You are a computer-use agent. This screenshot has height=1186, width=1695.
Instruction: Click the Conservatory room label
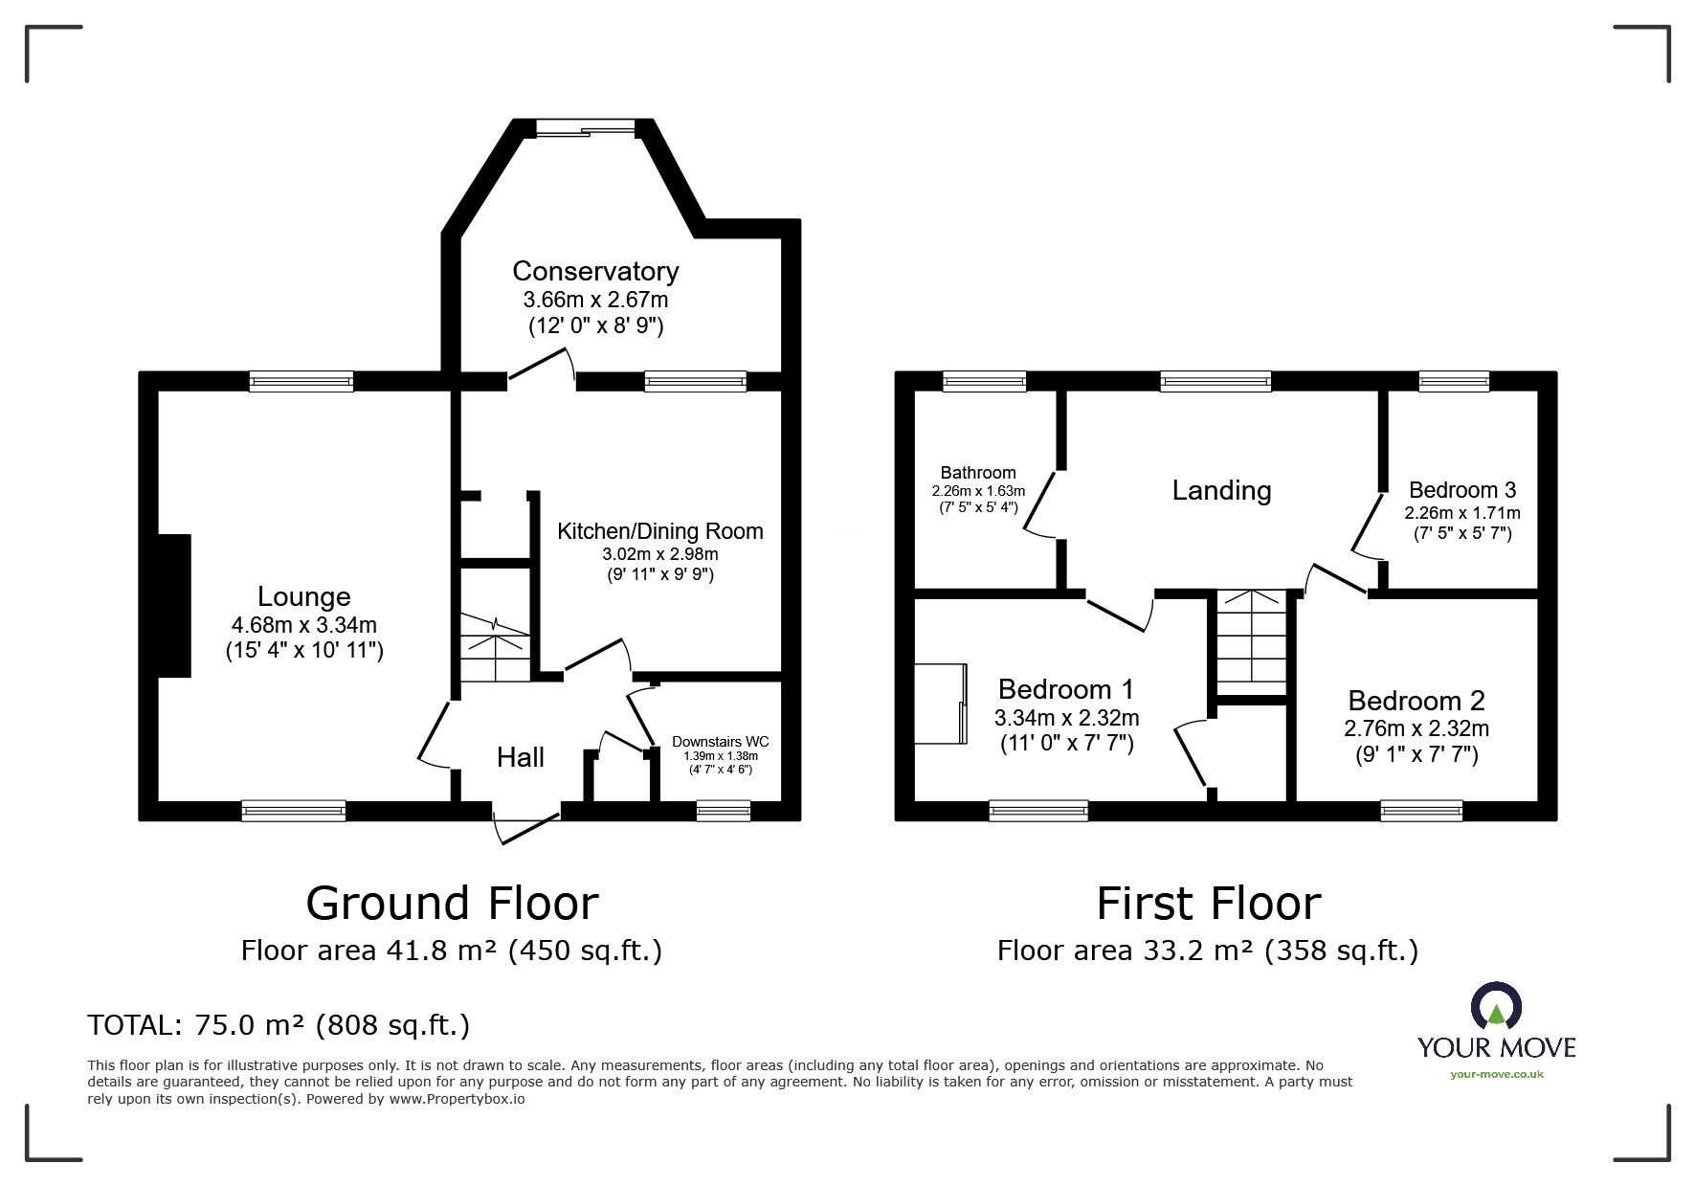[595, 271]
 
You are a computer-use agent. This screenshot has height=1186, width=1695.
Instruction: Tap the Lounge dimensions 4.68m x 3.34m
[304, 625]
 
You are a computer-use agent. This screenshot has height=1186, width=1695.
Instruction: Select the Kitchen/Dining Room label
[660, 531]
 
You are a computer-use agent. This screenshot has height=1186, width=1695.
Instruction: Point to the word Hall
[521, 757]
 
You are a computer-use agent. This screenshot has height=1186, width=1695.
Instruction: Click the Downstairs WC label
[721, 742]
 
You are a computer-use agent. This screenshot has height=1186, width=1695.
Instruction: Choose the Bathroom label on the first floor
[978, 473]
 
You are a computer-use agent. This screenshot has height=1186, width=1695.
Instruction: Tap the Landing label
[1222, 490]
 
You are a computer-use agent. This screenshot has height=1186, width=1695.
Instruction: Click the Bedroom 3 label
[1462, 490]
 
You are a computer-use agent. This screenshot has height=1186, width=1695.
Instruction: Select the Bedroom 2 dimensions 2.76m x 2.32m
[1416, 728]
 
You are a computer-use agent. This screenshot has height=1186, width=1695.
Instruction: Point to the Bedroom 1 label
[1066, 689]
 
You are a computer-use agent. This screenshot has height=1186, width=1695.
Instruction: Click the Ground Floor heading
[452, 903]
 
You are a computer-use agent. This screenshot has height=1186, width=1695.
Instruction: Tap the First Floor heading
[1208, 903]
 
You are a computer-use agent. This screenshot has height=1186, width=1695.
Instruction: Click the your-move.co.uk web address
[1497, 1074]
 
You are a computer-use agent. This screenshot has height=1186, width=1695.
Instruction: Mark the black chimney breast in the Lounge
[174, 606]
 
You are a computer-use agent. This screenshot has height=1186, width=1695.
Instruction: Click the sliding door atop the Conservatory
[585, 128]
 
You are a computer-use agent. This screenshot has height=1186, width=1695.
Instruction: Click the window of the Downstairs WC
[724, 812]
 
